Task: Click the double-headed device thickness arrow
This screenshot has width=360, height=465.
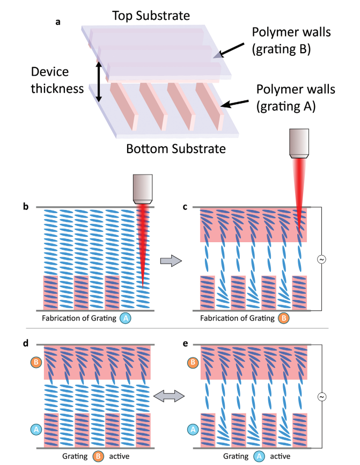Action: point(99,82)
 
